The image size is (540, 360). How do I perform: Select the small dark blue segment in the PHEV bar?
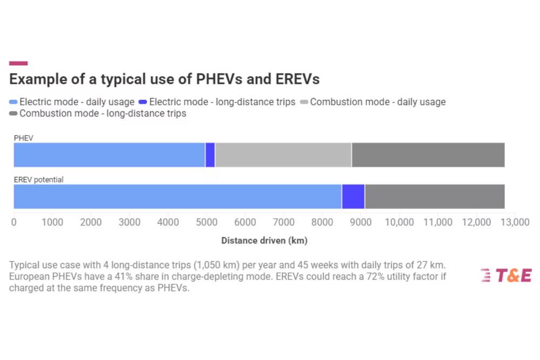(210, 155)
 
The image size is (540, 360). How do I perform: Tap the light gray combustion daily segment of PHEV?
(283, 155)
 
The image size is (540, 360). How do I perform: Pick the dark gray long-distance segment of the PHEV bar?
(428, 155)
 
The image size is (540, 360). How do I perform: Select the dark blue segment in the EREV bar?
(353, 196)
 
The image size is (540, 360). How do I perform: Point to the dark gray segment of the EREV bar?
(435, 196)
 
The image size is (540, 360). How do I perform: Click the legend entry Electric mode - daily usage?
(72, 102)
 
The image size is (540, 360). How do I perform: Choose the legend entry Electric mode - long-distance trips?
(218, 102)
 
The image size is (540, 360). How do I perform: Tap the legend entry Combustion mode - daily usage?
(373, 102)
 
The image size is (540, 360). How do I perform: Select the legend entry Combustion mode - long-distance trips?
(98, 113)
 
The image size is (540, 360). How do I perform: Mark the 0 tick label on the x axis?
(14, 222)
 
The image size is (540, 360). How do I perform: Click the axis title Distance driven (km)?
(264, 240)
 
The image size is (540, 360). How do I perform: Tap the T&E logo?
(506, 275)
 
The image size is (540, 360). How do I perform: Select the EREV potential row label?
(38, 180)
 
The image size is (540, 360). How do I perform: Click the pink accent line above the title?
(18, 63)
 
